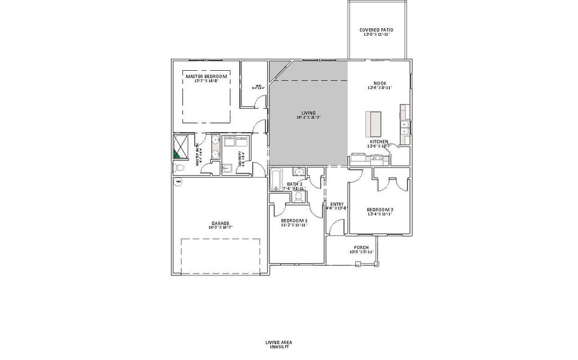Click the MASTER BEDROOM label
206,76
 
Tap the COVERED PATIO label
376,29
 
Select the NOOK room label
379,83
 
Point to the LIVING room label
309,112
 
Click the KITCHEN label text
379,142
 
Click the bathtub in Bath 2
276,179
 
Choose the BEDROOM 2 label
294,221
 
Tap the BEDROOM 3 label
380,209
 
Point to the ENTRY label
337,204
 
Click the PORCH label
361,247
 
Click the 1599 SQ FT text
278,347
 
